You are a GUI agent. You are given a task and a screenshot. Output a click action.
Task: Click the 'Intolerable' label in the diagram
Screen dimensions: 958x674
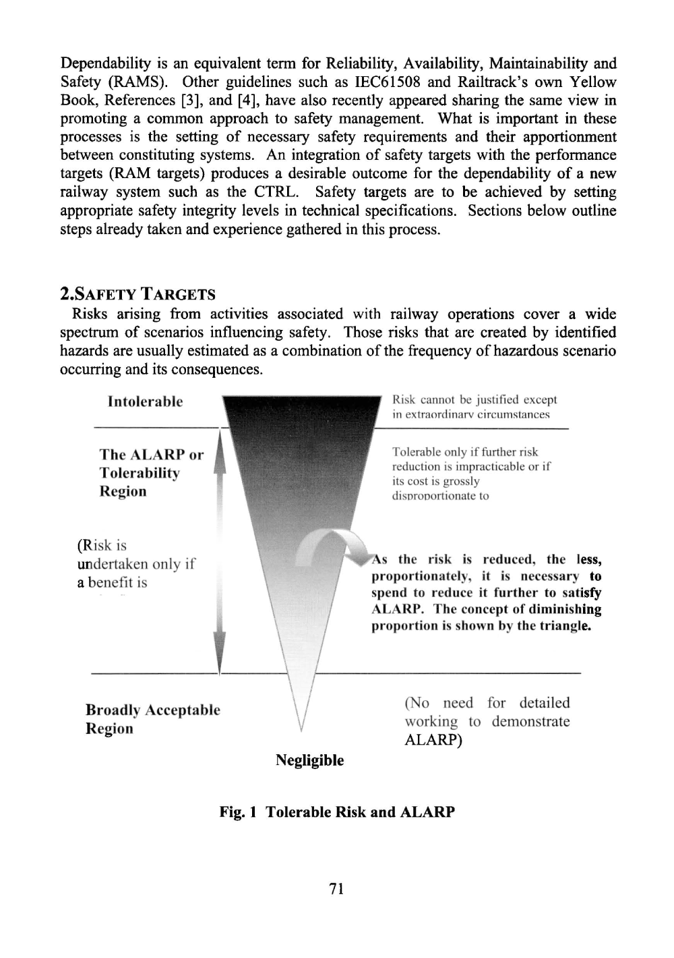click(145, 402)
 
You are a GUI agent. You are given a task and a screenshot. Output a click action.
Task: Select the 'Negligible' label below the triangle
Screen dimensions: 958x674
click(309, 760)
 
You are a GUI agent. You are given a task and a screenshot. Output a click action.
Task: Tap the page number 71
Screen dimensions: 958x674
click(337, 889)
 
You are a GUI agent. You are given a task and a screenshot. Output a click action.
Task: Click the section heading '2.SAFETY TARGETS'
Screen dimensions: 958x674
click(137, 294)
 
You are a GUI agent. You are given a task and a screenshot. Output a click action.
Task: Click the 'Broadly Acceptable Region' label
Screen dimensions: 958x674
click(152, 719)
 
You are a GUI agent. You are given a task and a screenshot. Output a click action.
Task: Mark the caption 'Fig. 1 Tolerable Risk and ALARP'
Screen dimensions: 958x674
click(337, 812)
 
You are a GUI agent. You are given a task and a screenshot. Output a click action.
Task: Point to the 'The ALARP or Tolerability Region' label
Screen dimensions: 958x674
click(151, 472)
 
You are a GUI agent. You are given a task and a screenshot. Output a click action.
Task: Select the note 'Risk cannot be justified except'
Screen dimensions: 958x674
click(474, 399)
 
